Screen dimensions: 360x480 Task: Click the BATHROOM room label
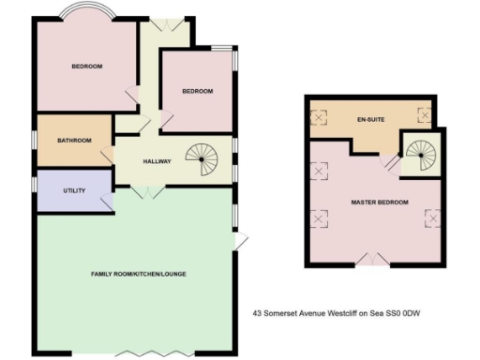(75, 141)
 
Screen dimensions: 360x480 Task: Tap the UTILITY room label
(75, 191)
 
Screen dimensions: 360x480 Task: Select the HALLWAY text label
(157, 162)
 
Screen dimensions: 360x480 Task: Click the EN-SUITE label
(371, 121)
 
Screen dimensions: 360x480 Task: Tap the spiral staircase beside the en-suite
(418, 152)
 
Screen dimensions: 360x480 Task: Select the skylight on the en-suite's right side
(424, 116)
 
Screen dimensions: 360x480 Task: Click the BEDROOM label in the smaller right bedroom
(197, 91)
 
